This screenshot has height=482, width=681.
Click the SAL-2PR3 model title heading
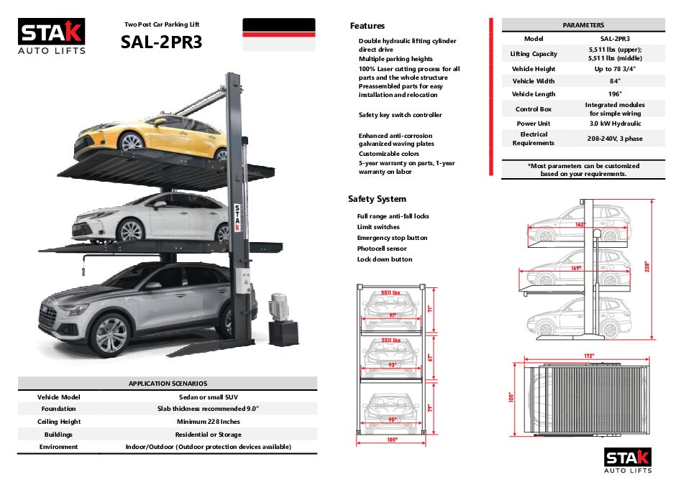click(x=162, y=42)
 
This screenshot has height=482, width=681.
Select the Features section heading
click(x=367, y=26)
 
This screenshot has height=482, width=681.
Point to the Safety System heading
click(x=377, y=199)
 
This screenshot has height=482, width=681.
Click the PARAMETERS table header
click(x=583, y=25)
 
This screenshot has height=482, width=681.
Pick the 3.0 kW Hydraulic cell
click(x=614, y=124)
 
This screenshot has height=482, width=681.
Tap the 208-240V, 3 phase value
click(x=614, y=138)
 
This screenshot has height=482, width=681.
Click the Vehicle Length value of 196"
click(x=614, y=94)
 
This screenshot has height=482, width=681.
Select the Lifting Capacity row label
click(x=534, y=54)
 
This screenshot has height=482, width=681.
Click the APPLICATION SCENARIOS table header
click(x=168, y=384)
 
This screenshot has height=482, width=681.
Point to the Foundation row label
click(x=58, y=409)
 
